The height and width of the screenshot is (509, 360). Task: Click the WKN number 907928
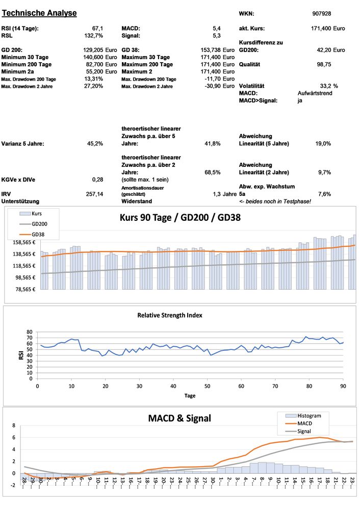pyautogui.click(x=322, y=14)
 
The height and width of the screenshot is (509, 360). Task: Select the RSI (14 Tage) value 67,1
pyautogui.click(x=97, y=29)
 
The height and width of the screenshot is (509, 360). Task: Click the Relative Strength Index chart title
pyautogui.click(x=170, y=315)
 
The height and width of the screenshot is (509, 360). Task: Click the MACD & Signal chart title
pyautogui.click(x=179, y=419)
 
